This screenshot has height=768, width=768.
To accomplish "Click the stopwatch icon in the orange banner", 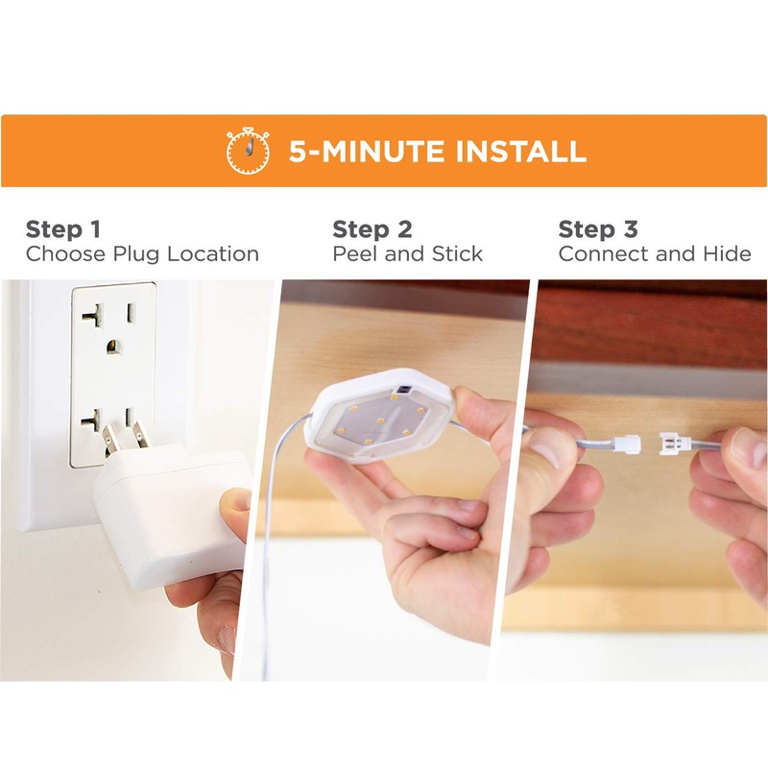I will tap(248, 151).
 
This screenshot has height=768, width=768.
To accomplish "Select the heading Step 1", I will tap(62, 229).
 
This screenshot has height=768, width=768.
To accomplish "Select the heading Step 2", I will tap(372, 229).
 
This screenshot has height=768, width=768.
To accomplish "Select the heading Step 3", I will tap(598, 229).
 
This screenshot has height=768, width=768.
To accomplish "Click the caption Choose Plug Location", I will tap(142, 254).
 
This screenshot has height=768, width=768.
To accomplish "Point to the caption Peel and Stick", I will tap(407, 254).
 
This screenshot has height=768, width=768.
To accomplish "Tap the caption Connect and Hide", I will tap(655, 254).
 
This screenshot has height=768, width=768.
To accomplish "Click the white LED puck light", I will tap(379, 418).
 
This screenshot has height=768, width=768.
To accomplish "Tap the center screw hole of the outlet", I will tap(116, 347).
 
